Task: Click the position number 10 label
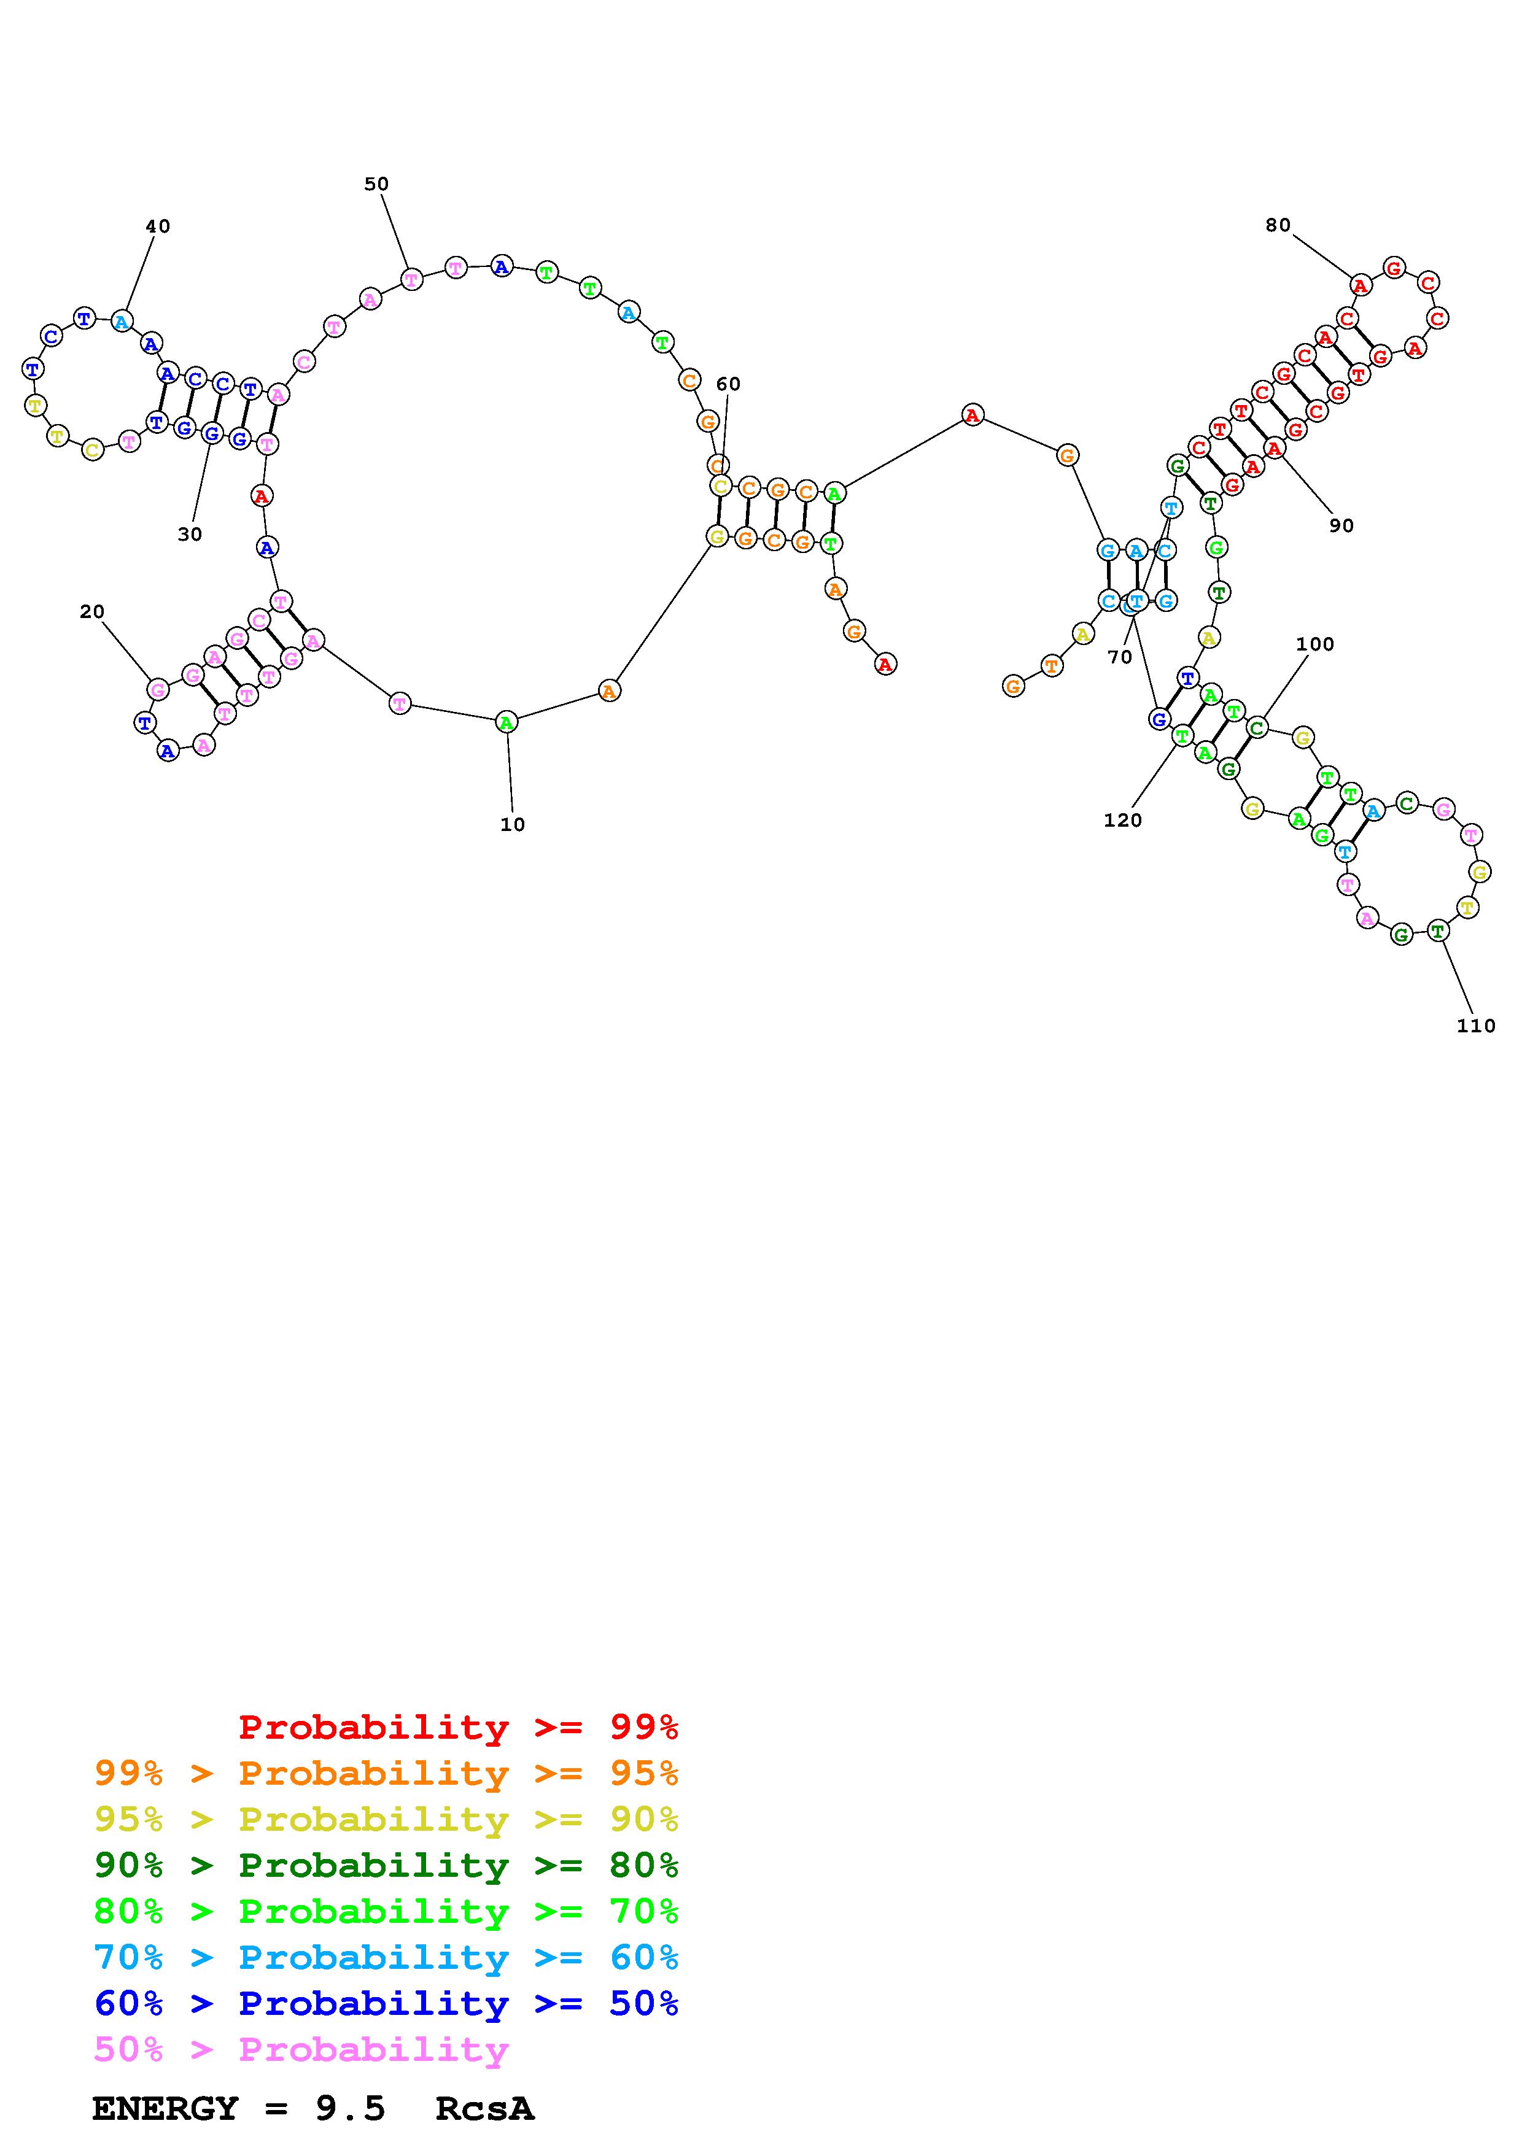point(512,824)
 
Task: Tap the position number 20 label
point(92,611)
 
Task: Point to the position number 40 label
point(158,226)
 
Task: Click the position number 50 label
point(376,184)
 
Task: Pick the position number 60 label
point(728,384)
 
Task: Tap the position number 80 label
point(1277,225)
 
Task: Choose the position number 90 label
point(1341,525)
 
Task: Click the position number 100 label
point(1314,644)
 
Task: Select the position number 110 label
point(1475,1026)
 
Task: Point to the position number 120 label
point(1122,821)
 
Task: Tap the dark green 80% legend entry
point(386,1866)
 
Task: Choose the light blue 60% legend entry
point(386,1958)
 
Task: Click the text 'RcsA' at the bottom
point(485,2109)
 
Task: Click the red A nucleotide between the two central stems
point(973,414)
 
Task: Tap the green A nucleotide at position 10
point(507,722)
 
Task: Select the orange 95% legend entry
point(386,1774)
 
